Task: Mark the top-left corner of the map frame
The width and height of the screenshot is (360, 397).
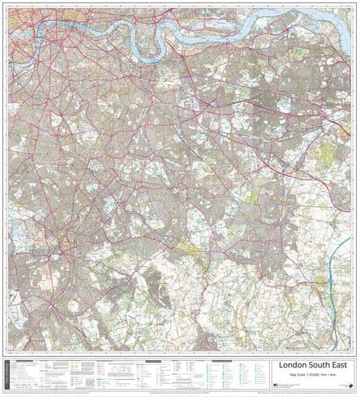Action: pos(8,7)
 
